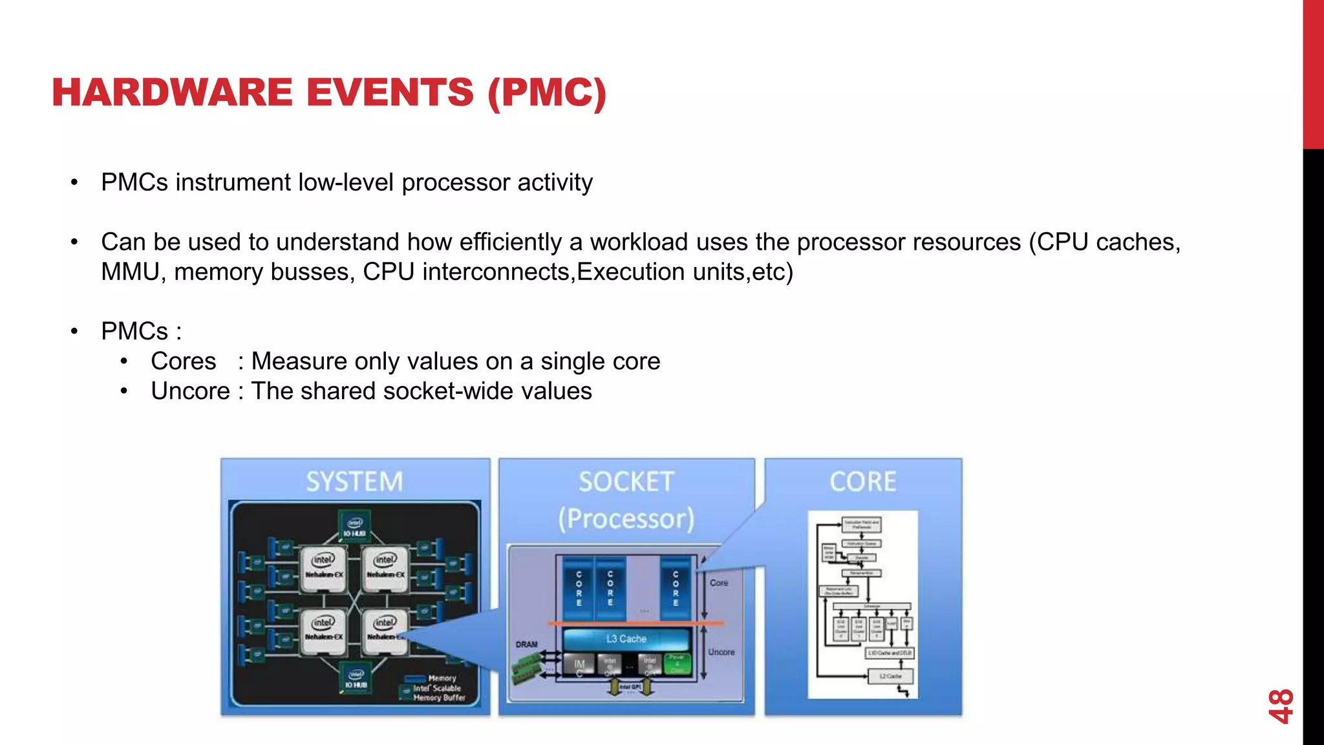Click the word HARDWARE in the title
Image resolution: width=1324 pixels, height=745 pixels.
point(172,92)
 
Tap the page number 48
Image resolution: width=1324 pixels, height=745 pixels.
point(1280,706)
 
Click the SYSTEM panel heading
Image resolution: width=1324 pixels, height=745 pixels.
point(354,482)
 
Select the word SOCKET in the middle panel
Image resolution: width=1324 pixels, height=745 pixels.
point(626,482)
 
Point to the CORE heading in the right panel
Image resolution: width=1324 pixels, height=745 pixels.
point(863,482)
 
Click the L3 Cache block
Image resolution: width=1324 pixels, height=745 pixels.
point(626,639)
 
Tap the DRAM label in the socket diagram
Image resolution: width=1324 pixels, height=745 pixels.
point(526,645)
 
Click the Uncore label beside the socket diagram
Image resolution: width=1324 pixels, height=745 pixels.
point(721,652)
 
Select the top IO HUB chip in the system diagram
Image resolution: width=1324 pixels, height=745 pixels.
point(354,526)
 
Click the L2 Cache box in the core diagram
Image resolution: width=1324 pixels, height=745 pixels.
point(890,676)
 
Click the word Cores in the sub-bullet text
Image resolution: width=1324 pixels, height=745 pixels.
point(183,362)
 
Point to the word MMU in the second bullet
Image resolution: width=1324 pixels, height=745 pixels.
point(129,272)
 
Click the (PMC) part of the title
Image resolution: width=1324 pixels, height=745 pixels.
point(547,92)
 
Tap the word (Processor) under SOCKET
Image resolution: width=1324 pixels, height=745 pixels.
point(626,519)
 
